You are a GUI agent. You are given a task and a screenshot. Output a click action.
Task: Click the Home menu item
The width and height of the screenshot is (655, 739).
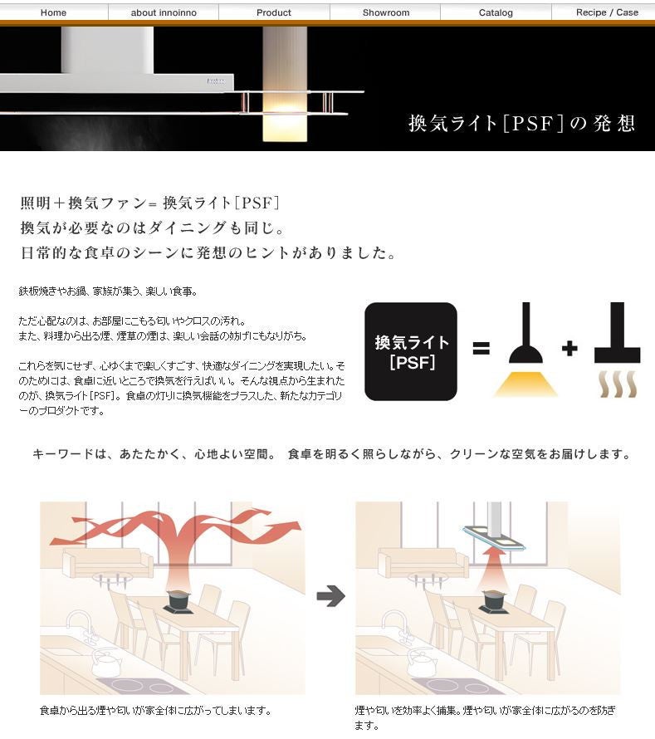53,12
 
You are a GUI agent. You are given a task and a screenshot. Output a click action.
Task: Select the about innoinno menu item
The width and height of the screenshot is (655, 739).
164,12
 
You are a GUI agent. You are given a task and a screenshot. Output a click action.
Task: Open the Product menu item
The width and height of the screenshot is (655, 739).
274,12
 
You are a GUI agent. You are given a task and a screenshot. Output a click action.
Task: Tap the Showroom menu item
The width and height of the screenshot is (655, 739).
386,12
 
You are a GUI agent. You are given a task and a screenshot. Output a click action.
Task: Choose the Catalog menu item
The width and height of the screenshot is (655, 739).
496,12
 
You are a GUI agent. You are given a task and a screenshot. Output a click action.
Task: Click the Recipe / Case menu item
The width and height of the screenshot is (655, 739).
607,12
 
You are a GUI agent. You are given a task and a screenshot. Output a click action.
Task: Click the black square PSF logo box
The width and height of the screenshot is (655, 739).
411,351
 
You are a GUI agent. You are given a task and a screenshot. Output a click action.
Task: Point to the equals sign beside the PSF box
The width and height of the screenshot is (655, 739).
481,349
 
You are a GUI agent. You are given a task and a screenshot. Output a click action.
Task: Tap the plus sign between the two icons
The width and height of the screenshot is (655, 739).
569,349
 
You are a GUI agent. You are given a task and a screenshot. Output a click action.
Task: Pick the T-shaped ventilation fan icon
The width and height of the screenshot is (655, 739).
617,350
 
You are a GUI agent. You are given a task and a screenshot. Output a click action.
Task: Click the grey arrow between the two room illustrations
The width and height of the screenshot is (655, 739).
330,596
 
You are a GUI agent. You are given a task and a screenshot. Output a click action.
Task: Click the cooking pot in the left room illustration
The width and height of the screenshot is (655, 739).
179,601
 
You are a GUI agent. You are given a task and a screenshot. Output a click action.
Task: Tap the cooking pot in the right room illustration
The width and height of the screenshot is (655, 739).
494,601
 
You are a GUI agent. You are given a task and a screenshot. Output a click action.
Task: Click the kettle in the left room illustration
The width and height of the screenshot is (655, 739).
106,662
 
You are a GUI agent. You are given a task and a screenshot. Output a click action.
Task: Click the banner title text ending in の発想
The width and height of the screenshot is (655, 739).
522,124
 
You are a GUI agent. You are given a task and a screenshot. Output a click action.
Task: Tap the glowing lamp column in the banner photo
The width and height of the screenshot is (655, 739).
285,84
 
